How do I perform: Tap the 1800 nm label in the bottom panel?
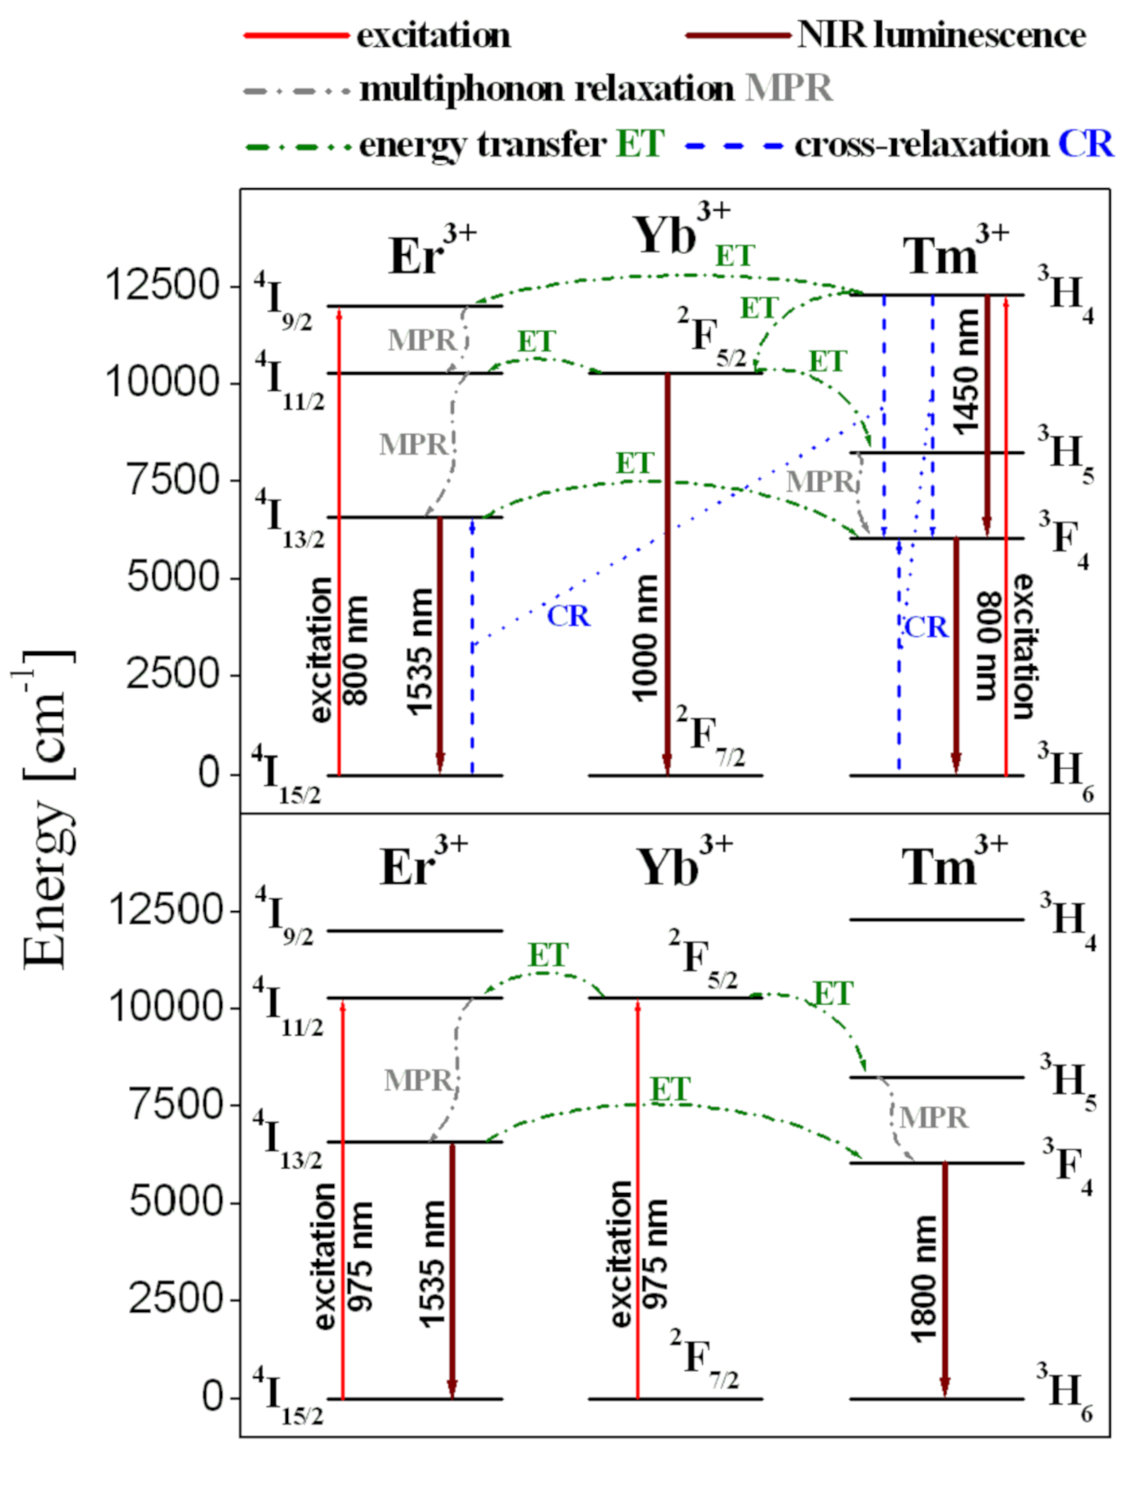(925, 1279)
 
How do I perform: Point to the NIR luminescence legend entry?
(941, 36)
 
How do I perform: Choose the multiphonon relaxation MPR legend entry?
(595, 89)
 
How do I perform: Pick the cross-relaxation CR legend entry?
(953, 144)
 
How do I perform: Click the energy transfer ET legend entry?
(511, 144)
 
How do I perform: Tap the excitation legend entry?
(433, 36)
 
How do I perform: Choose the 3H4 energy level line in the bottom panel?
(936, 920)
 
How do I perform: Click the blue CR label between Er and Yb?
(568, 615)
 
